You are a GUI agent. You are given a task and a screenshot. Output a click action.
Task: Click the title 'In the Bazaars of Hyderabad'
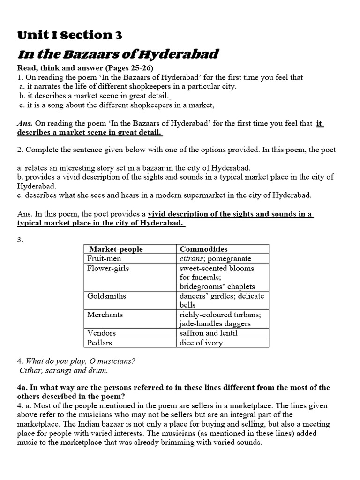(x=118, y=54)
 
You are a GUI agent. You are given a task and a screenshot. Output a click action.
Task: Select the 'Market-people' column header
(x=116, y=249)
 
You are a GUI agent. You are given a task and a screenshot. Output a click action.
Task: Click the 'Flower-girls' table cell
(x=108, y=268)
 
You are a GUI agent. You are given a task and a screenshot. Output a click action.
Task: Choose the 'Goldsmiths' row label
(x=106, y=296)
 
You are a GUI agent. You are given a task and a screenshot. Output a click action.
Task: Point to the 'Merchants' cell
(x=105, y=315)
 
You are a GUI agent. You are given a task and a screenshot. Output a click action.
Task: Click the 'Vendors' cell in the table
(x=101, y=333)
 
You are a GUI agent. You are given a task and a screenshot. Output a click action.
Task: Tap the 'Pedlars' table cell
(x=100, y=342)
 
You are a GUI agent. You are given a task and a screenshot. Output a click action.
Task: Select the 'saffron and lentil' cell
(x=209, y=333)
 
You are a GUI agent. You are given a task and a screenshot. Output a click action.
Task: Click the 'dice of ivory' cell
(x=201, y=342)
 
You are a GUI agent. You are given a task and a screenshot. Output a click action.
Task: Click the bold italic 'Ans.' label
(x=25, y=124)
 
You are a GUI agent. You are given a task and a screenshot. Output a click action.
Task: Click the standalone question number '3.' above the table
(x=20, y=240)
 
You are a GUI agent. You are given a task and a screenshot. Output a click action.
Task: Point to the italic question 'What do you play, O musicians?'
(x=80, y=361)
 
